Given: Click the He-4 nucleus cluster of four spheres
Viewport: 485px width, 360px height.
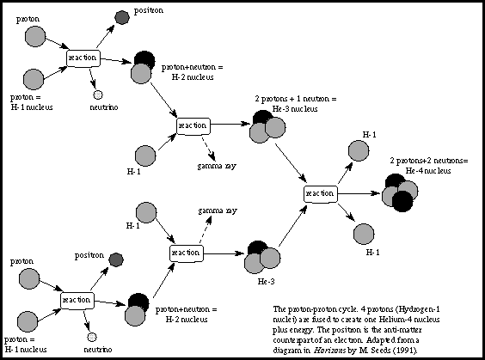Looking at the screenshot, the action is pyautogui.click(x=400, y=192).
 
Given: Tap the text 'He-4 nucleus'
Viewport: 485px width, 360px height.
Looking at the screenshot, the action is pyautogui.click(x=428, y=171).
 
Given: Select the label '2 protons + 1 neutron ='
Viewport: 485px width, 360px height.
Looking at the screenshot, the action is pyautogui.click(x=296, y=99).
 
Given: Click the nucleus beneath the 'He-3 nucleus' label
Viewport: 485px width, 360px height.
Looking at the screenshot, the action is pyautogui.click(x=267, y=126).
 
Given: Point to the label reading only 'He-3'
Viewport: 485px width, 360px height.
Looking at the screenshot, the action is pyautogui.click(x=266, y=282).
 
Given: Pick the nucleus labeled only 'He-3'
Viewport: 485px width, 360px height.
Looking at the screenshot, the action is pyautogui.click(x=262, y=257).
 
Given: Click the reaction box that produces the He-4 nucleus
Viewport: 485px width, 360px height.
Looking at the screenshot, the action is pyautogui.click(x=321, y=194).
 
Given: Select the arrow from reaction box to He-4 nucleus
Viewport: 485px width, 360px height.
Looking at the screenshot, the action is pyautogui.click(x=359, y=193).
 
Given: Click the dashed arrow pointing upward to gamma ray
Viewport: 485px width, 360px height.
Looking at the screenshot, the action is pyautogui.click(x=206, y=229).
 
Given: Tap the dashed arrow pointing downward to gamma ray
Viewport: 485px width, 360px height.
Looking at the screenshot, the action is pyautogui.click(x=209, y=149).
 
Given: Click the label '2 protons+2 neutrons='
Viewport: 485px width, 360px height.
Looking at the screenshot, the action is pyautogui.click(x=429, y=161).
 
